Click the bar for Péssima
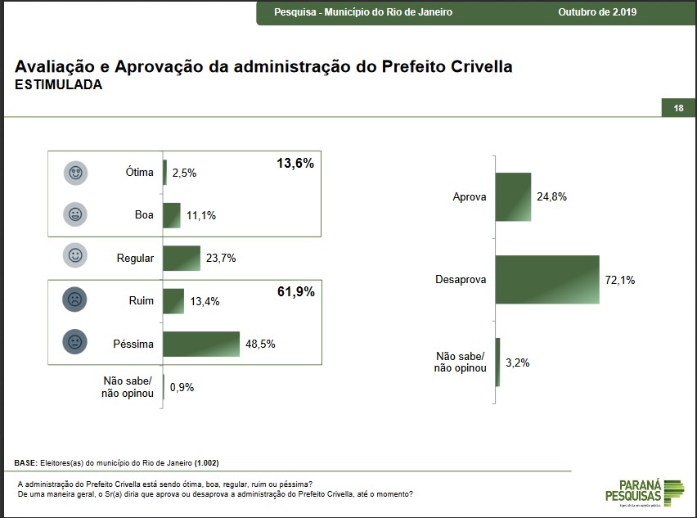[x=201, y=344]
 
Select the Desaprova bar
[x=546, y=280]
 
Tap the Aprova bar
[x=513, y=197]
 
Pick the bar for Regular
[x=182, y=258]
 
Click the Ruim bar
[x=173, y=301]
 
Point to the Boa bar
[x=172, y=215]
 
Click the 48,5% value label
[x=260, y=345]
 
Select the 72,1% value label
[x=620, y=280]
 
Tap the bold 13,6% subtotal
[x=295, y=164]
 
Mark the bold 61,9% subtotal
[x=295, y=291]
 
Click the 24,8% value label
[x=551, y=197]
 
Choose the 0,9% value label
[x=182, y=387]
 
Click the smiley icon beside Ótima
[x=76, y=173]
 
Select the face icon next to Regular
[x=76, y=257]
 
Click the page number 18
[x=678, y=109]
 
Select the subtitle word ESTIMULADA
[x=59, y=85]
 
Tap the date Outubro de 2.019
[x=597, y=12]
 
